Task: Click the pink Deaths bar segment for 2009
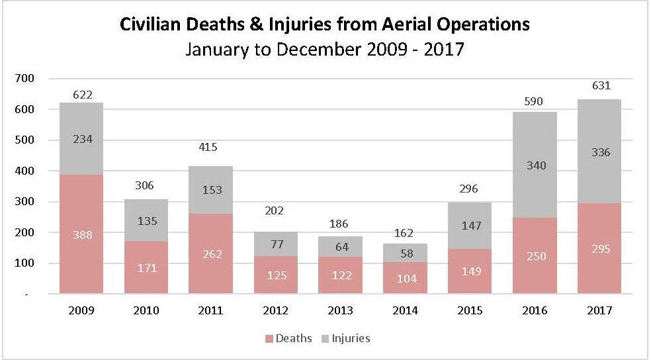pyautogui.click(x=81, y=234)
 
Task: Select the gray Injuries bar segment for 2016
pyautogui.click(x=535, y=165)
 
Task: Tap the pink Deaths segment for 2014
pyautogui.click(x=405, y=277)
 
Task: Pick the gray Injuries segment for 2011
pyautogui.click(x=210, y=190)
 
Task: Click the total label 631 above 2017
pyautogui.click(x=601, y=85)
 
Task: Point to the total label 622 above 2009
pyautogui.click(x=83, y=95)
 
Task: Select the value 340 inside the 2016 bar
pyautogui.click(x=536, y=165)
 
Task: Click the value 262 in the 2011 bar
pyautogui.click(x=212, y=253)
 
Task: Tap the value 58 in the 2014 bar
pyautogui.click(x=407, y=253)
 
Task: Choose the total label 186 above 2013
pyautogui.click(x=339, y=224)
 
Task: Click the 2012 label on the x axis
pyautogui.click(x=276, y=310)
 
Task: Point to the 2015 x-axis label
pyautogui.click(x=470, y=310)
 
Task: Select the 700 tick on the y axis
pyautogui.click(x=24, y=78)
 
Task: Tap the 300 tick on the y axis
pyautogui.click(x=24, y=201)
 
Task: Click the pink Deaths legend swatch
pyautogui.click(x=269, y=339)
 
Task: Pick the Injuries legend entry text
pyautogui.click(x=351, y=338)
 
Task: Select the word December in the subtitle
pyautogui.click(x=320, y=50)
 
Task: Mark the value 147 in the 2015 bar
pyautogui.click(x=471, y=226)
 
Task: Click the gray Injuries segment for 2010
pyautogui.click(x=146, y=220)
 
